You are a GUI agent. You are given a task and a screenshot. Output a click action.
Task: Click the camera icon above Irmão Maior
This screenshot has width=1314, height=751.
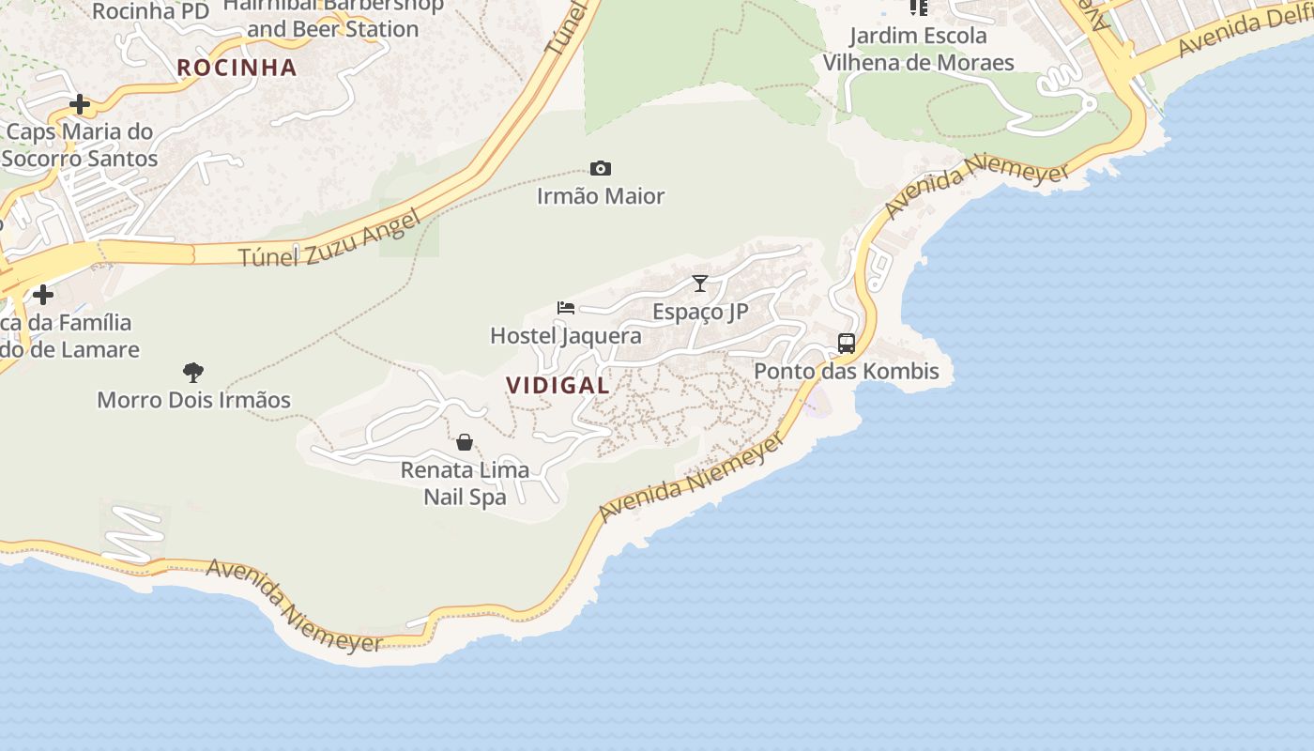point(601,169)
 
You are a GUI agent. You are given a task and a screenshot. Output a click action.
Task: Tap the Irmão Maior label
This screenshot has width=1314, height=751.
point(601,196)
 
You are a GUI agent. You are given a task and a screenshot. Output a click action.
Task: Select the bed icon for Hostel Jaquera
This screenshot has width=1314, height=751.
point(565,307)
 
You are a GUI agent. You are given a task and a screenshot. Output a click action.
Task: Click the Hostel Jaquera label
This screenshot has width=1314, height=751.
point(566,336)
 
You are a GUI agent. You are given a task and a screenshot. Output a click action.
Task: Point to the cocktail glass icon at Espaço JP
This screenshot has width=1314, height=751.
point(699,283)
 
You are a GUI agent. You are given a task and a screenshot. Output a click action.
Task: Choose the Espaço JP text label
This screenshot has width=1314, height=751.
point(700,312)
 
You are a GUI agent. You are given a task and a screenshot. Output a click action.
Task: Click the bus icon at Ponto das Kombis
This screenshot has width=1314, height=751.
point(846,344)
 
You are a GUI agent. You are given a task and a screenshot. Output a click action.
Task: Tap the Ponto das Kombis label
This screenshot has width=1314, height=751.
point(847,372)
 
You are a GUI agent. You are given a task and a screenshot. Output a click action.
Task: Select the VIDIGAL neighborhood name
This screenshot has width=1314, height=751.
point(558,385)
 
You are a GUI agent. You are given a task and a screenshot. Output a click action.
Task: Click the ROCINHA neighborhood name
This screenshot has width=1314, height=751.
point(237,68)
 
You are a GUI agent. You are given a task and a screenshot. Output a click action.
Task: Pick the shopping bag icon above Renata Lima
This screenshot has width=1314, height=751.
point(465,442)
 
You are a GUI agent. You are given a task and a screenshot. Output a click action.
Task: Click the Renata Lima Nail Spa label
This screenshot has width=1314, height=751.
point(465,483)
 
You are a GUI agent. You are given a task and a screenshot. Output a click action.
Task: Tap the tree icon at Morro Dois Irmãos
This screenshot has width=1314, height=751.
point(193,373)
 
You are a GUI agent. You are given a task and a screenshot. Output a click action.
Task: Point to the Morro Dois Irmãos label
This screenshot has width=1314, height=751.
point(193,400)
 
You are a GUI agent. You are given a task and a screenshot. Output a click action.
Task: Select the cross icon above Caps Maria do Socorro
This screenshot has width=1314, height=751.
point(80,104)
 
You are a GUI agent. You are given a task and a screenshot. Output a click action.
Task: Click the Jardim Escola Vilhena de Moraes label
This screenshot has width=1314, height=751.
point(918,50)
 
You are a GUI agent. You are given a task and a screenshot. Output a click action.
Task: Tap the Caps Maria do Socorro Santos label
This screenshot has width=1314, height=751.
point(80,145)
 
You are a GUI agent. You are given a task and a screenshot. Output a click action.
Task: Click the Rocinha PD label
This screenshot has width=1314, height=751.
point(150,11)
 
